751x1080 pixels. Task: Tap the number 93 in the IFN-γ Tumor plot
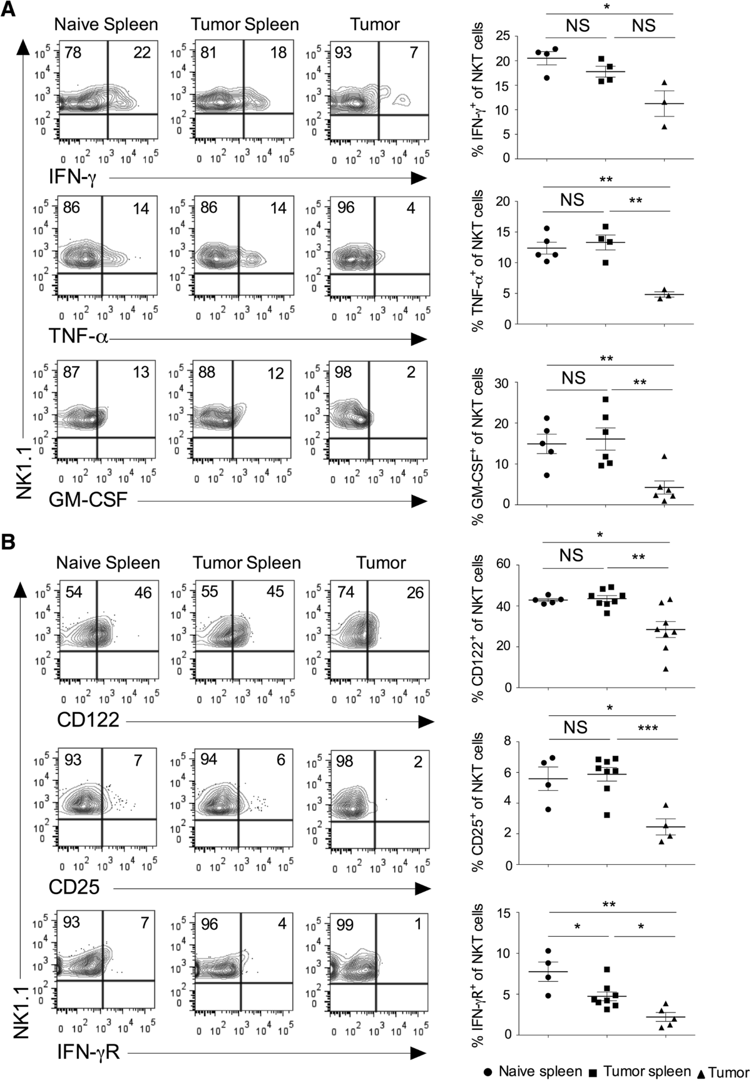(x=324, y=53)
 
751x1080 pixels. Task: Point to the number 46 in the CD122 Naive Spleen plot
(x=143, y=592)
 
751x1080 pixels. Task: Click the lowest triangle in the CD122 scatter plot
(x=665, y=670)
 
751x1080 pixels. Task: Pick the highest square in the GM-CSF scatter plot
(x=605, y=400)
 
